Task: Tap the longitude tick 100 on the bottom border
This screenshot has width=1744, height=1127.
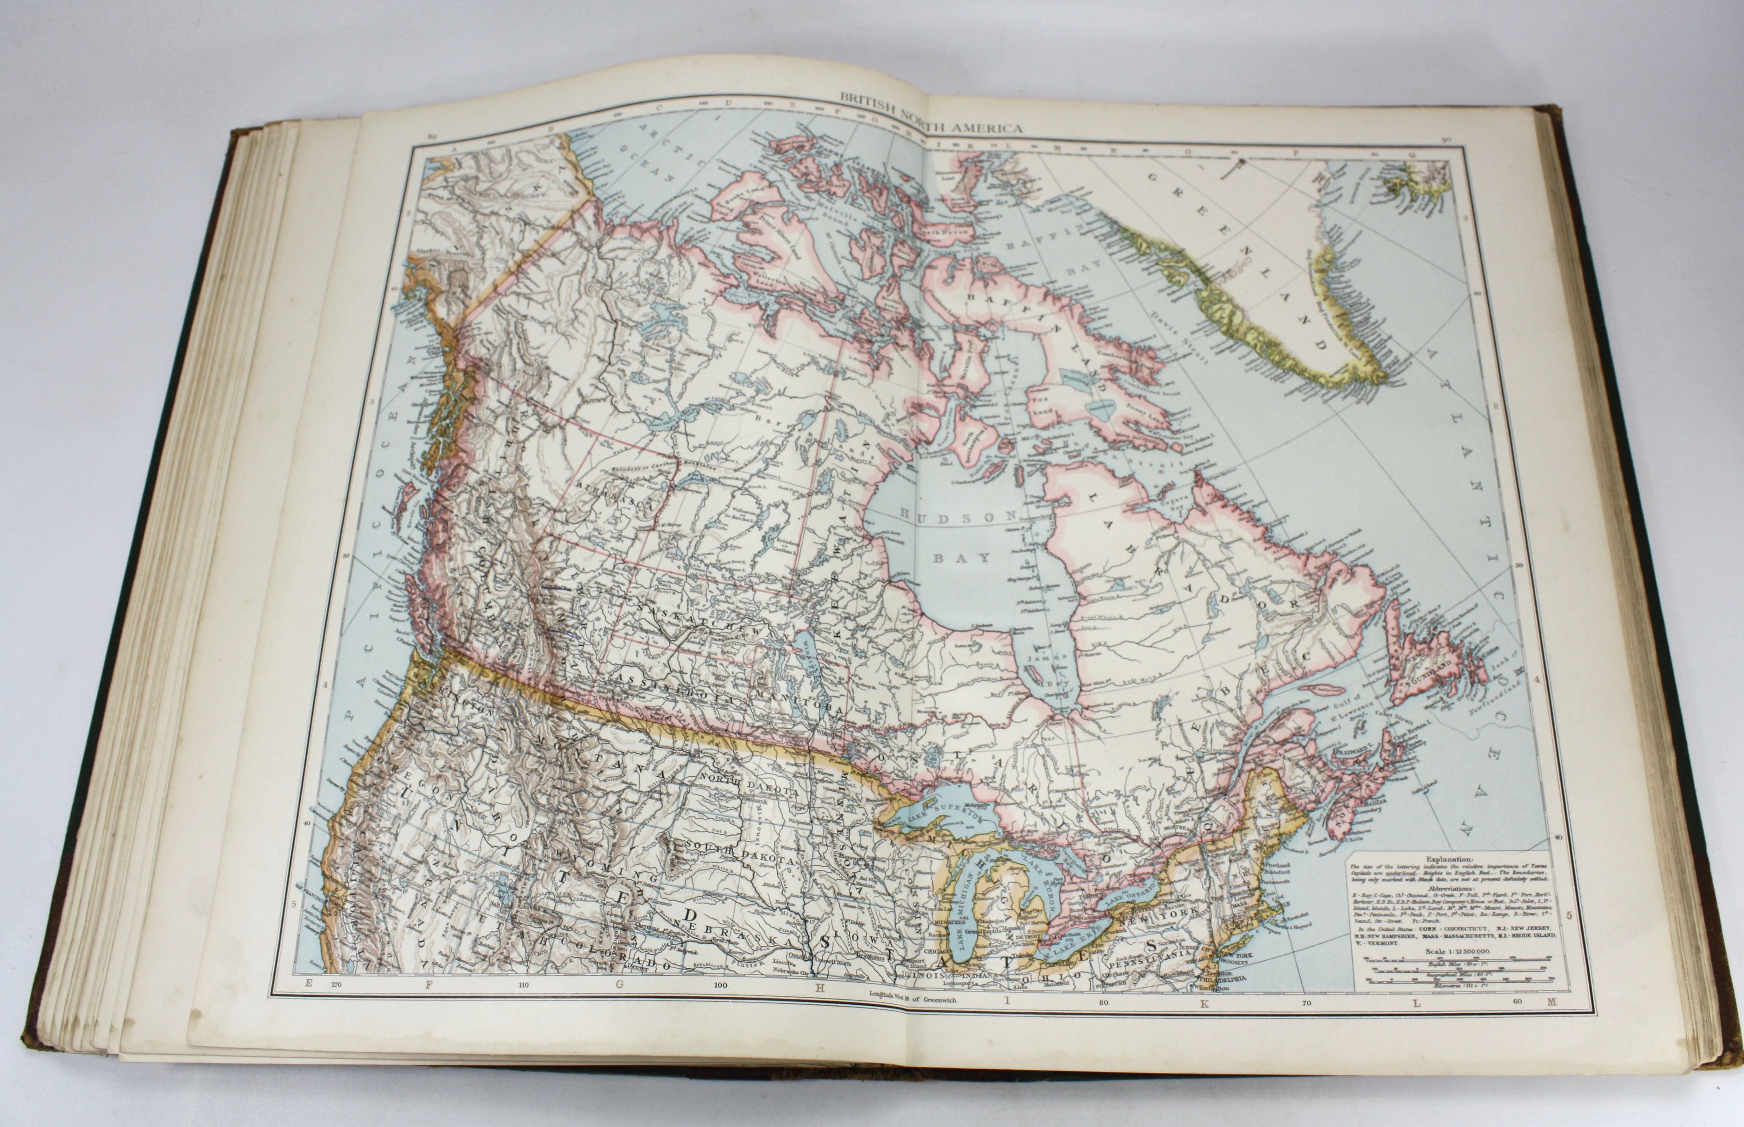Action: pyautogui.click(x=721, y=986)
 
